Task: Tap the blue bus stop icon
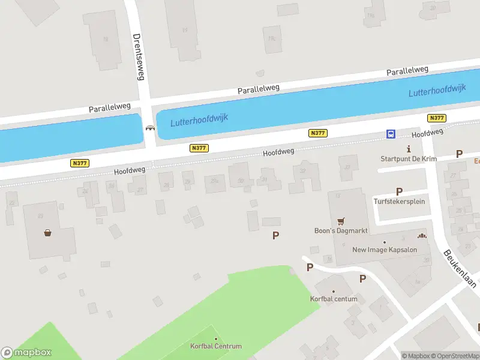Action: [x=391, y=134]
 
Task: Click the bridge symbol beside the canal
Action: [x=149, y=127]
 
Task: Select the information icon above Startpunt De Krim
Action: [x=409, y=149]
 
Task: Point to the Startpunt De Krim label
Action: [x=409, y=159]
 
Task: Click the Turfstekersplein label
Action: [x=399, y=201]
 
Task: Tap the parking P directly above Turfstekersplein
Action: [x=399, y=191]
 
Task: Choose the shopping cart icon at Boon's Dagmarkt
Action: [x=341, y=221]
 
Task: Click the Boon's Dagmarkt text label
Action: [x=341, y=231]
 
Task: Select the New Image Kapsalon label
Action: [x=384, y=250]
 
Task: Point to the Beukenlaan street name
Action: [x=459, y=268]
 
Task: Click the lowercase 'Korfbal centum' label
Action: [x=334, y=299]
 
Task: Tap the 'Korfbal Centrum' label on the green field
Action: [x=216, y=346]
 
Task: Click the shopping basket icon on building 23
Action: [x=47, y=233]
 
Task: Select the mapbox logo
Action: [x=26, y=353]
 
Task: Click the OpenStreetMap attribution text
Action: [x=458, y=356]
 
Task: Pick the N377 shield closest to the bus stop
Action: [x=437, y=118]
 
